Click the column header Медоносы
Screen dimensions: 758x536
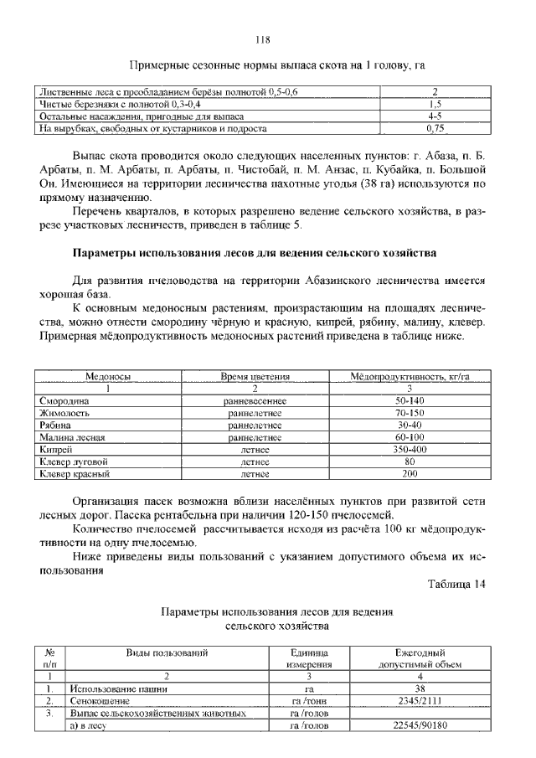108,378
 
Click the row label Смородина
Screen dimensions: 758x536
64,401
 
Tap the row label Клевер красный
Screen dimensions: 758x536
76,474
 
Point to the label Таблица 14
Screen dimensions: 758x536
456,584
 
